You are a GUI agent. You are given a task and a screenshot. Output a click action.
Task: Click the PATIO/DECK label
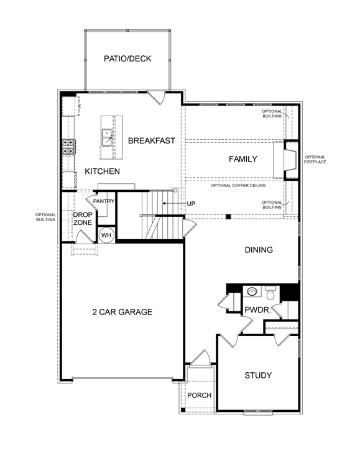127,59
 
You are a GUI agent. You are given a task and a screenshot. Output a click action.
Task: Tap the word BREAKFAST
152,140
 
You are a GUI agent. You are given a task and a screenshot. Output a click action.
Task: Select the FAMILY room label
242,159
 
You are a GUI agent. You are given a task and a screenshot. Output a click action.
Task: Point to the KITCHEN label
102,171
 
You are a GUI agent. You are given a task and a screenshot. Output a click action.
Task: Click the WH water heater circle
106,235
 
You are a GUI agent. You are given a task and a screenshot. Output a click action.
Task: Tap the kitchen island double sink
107,137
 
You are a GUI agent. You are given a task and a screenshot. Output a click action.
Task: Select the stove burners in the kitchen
69,147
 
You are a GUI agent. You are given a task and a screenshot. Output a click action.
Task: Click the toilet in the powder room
270,293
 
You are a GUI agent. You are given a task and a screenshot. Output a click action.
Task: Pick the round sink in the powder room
252,291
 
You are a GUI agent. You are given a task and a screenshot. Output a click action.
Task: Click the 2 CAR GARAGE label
122,312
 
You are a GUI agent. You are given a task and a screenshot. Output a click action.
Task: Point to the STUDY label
258,375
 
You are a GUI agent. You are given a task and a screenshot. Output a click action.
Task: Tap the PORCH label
200,396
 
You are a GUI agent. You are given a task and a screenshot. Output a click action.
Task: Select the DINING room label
259,250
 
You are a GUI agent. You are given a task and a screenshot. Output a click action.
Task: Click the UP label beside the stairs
191,204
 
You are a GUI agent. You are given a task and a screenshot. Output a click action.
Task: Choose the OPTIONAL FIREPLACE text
315,159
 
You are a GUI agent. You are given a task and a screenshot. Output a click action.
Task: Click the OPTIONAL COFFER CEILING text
238,185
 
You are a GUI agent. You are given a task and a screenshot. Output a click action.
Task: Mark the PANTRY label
104,201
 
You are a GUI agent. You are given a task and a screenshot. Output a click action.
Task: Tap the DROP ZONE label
83,219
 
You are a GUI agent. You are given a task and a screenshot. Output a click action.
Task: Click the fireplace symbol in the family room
290,160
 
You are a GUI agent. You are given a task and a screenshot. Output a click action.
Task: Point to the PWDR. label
257,310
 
